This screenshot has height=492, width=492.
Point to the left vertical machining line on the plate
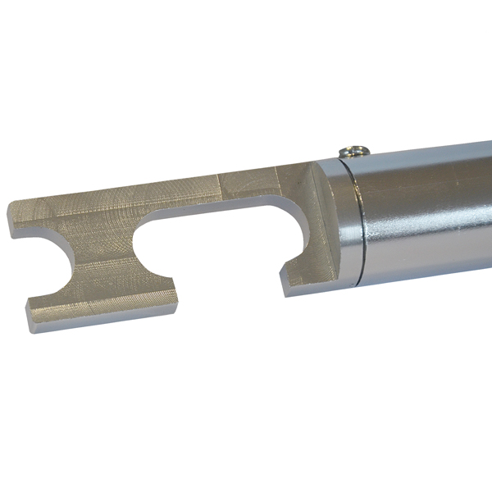tap(216, 189)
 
